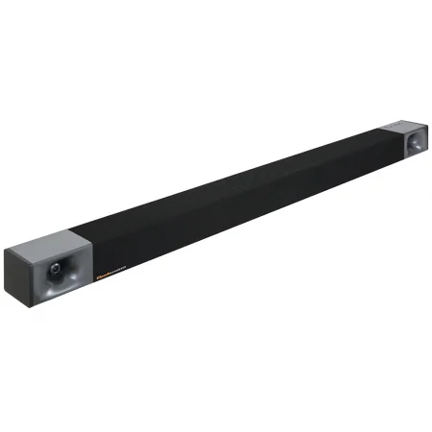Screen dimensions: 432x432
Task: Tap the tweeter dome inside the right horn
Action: coord(416,143)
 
